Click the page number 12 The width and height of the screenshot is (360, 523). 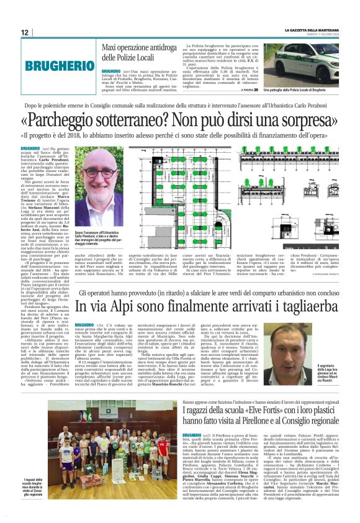pyautogui.click(x=25, y=33)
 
